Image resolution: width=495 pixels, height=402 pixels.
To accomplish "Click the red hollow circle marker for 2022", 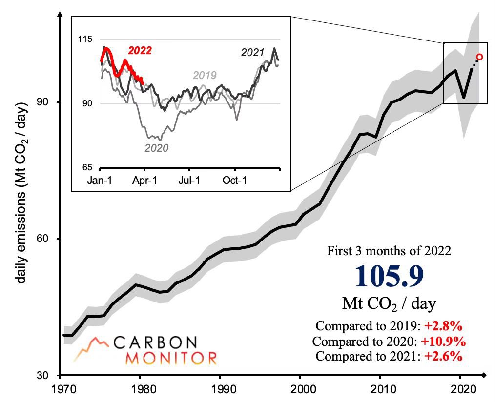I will pos(479,57).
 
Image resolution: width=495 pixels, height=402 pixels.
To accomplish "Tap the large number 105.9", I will pos(389,276).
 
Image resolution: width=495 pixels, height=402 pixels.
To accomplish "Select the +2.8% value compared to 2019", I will pos(442,326).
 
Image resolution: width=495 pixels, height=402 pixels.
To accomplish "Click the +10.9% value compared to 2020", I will pos(440,341).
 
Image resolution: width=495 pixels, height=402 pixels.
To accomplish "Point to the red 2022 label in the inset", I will pos(140,50).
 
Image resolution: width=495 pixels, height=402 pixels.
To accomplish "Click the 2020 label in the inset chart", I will pos(156,147).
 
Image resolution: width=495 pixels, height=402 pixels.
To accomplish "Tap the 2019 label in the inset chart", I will pos(205,75).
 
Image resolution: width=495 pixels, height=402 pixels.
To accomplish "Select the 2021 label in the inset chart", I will pos(252,52).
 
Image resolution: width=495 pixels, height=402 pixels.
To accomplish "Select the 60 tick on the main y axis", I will pos(44,239).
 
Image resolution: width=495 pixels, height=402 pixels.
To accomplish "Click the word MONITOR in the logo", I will pos(171,359).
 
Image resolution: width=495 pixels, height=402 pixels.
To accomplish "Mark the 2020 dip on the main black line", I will pos(464,98).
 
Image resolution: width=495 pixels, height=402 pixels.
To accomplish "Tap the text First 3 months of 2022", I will pos(389,251).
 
